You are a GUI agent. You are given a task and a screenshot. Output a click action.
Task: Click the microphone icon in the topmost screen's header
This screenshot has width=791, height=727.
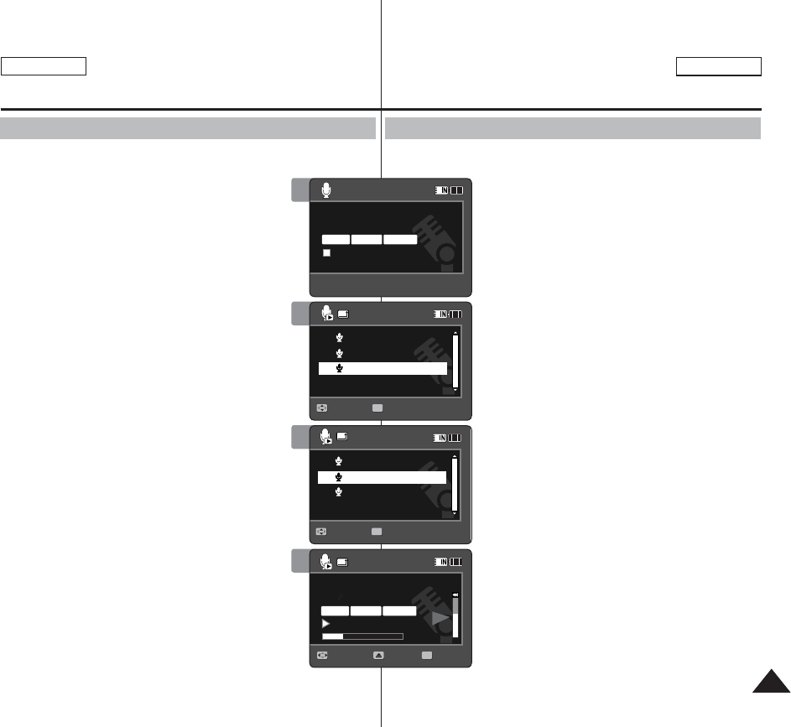tap(326, 190)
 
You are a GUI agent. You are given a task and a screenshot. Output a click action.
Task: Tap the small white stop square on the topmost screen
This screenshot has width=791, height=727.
tap(328, 252)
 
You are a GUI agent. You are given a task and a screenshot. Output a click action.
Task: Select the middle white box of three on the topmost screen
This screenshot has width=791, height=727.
tap(367, 239)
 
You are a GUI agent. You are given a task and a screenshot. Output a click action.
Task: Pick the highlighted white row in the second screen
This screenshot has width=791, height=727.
tap(382, 368)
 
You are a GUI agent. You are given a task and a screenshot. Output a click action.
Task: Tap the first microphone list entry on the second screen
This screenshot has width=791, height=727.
tap(340, 337)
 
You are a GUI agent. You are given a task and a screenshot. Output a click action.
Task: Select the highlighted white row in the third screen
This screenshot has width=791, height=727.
tap(382, 476)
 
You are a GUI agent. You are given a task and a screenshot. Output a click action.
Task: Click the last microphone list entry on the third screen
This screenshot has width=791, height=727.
tap(340, 491)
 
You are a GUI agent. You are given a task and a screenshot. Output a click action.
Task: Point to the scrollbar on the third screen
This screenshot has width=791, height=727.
tap(455, 486)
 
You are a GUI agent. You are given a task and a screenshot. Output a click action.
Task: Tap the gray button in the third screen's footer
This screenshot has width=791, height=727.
tap(377, 531)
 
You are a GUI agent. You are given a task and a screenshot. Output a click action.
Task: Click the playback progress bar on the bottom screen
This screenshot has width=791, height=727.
tap(363, 636)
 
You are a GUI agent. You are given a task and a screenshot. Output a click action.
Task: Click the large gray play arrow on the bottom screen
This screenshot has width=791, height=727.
tap(439, 620)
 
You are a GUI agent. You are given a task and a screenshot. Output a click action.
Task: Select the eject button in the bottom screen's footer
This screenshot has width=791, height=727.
tap(378, 655)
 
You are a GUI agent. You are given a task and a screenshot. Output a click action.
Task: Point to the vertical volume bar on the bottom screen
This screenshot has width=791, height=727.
tap(455, 617)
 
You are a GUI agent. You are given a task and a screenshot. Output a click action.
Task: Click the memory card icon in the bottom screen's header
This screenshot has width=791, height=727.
tap(342, 561)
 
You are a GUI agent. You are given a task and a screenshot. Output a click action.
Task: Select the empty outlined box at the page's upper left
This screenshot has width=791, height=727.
tap(44, 67)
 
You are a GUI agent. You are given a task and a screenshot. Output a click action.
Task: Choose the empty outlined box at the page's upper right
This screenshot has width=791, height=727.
tap(719, 67)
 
